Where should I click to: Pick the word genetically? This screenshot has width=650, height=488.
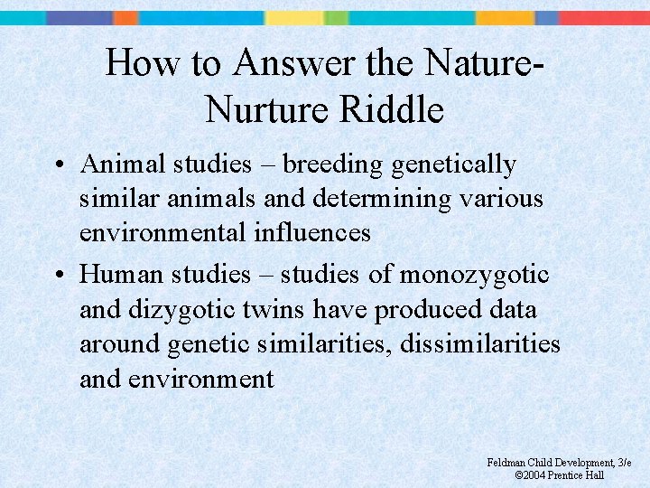[x=455, y=165]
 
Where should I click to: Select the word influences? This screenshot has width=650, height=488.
[x=308, y=232]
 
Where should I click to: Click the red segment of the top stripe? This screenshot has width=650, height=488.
[x=604, y=17]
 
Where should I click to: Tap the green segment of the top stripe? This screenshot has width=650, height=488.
[x=336, y=17]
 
